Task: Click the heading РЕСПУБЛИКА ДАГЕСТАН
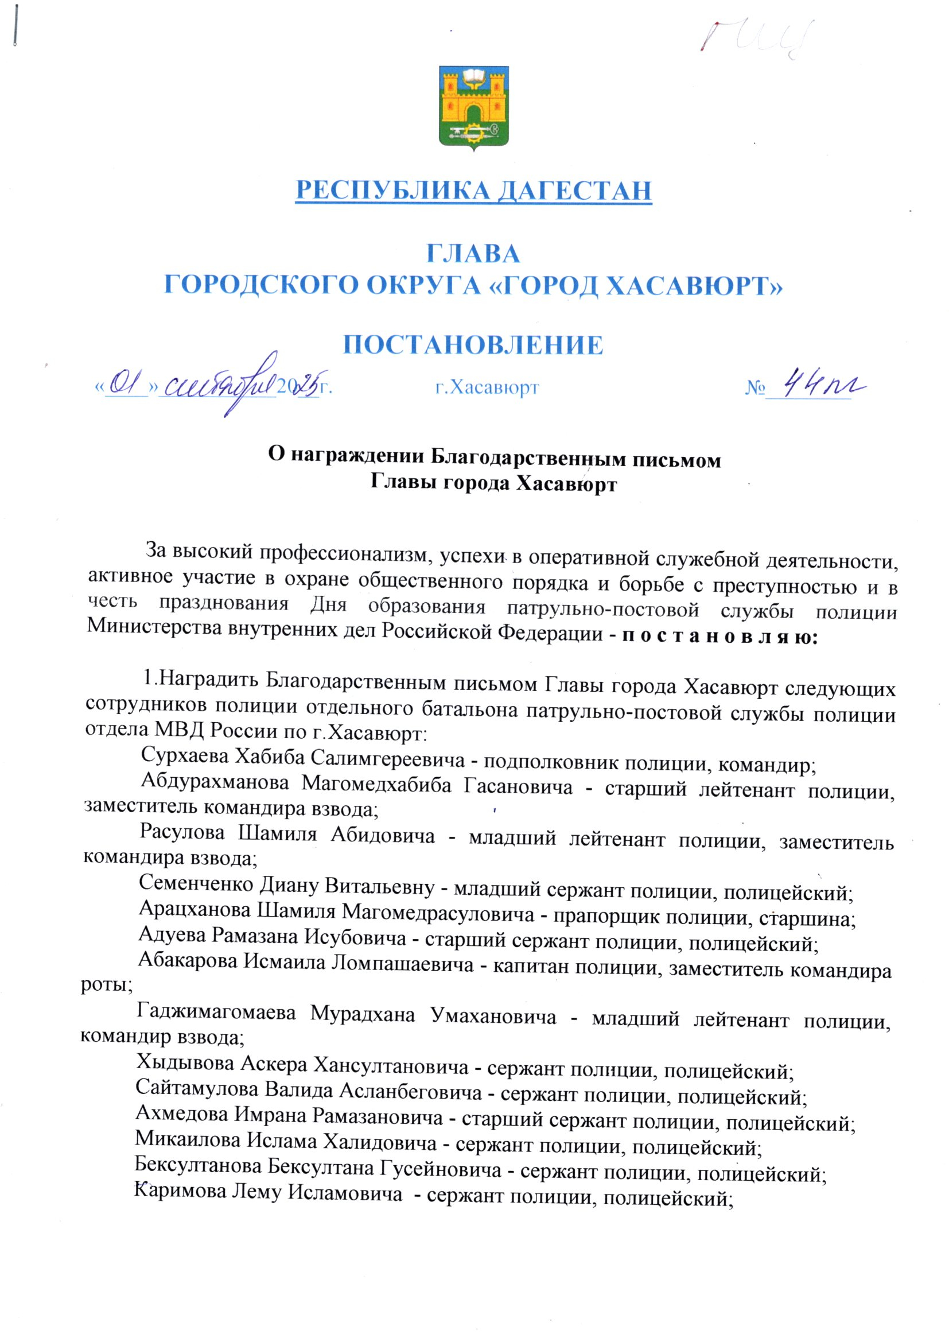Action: click(473, 191)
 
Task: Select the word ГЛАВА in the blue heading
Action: click(473, 254)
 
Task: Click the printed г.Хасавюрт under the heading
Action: click(487, 387)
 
